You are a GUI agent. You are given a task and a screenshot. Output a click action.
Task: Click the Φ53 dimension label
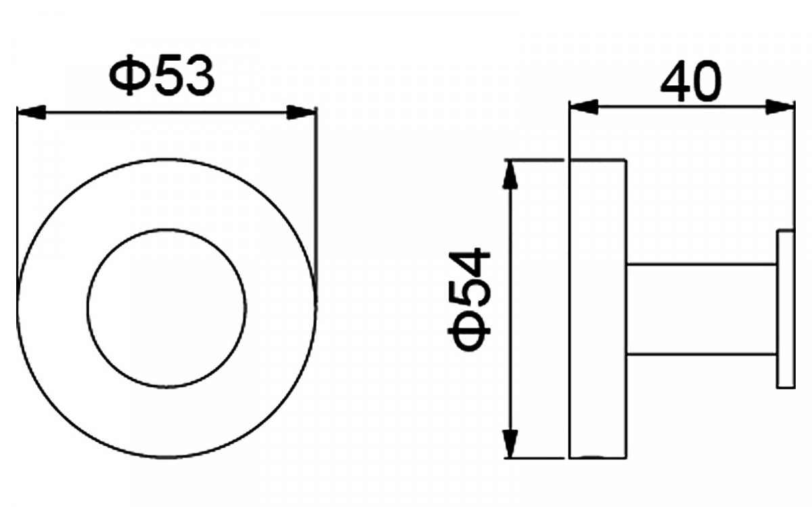coord(162,75)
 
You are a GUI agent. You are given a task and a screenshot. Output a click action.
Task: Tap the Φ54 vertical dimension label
coord(469,300)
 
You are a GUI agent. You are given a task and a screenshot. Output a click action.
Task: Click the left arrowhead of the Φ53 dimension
coord(32,112)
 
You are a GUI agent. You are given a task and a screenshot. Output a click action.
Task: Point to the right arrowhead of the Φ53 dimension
coord(302,112)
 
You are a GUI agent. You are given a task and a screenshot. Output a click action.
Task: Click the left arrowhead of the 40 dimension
coord(584,107)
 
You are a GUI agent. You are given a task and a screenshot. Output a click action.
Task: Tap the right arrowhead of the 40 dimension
coord(780,107)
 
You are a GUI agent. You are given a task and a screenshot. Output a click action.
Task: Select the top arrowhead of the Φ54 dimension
coord(510,174)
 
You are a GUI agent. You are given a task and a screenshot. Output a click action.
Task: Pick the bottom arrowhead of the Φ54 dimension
coord(510,443)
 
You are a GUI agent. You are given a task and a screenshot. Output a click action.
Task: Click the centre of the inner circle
coord(166,308)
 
